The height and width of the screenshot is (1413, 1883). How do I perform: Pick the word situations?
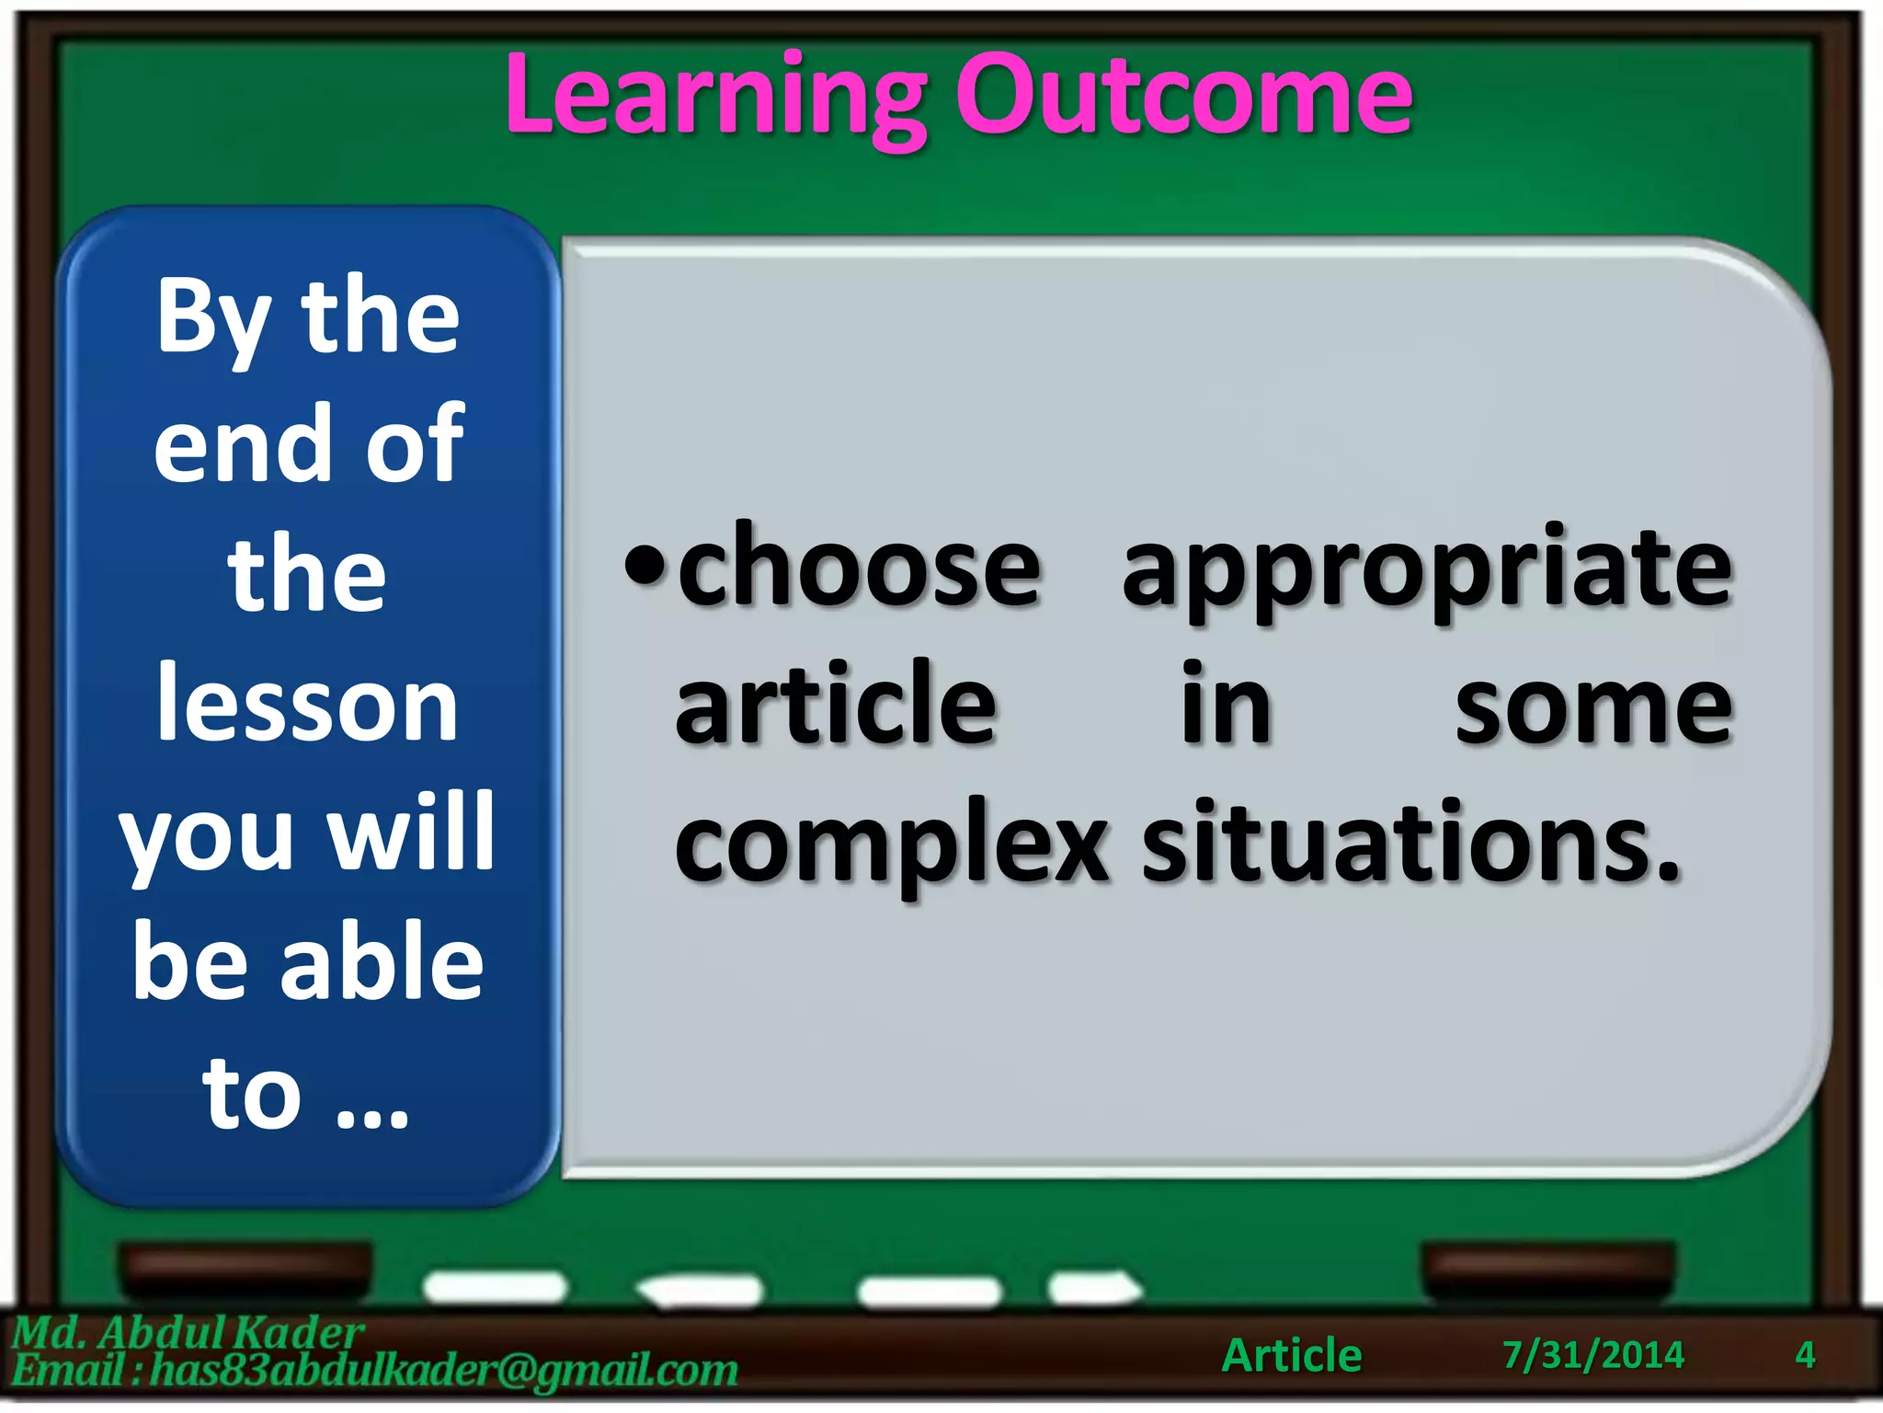tap(1410, 842)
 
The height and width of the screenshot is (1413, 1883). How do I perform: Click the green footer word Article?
tap(1291, 1355)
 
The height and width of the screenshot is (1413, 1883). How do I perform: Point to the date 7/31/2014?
tap(1592, 1355)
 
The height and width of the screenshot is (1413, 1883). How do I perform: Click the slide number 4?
tap(1804, 1355)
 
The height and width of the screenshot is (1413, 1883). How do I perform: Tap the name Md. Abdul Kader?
tap(188, 1332)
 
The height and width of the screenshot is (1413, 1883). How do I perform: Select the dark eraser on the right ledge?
tap(1548, 1269)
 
